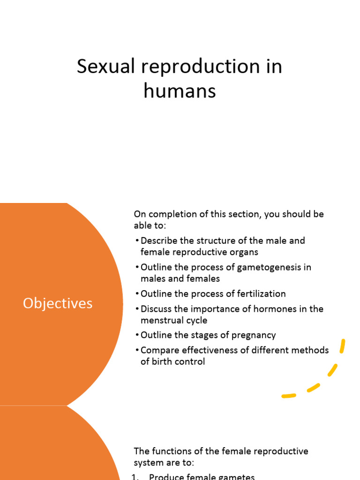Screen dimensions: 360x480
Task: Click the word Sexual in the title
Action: [105, 66]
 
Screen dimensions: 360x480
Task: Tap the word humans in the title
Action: [180, 91]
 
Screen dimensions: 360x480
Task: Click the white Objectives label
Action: [58, 303]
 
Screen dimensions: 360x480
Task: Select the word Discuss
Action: [156, 309]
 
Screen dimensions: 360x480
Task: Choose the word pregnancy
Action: [254, 336]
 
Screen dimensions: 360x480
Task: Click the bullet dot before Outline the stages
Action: [137, 335]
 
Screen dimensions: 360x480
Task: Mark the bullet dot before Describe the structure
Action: [137, 240]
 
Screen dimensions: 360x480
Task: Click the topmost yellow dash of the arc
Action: [343, 346]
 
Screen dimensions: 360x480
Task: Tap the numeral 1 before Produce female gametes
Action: [134, 476]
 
